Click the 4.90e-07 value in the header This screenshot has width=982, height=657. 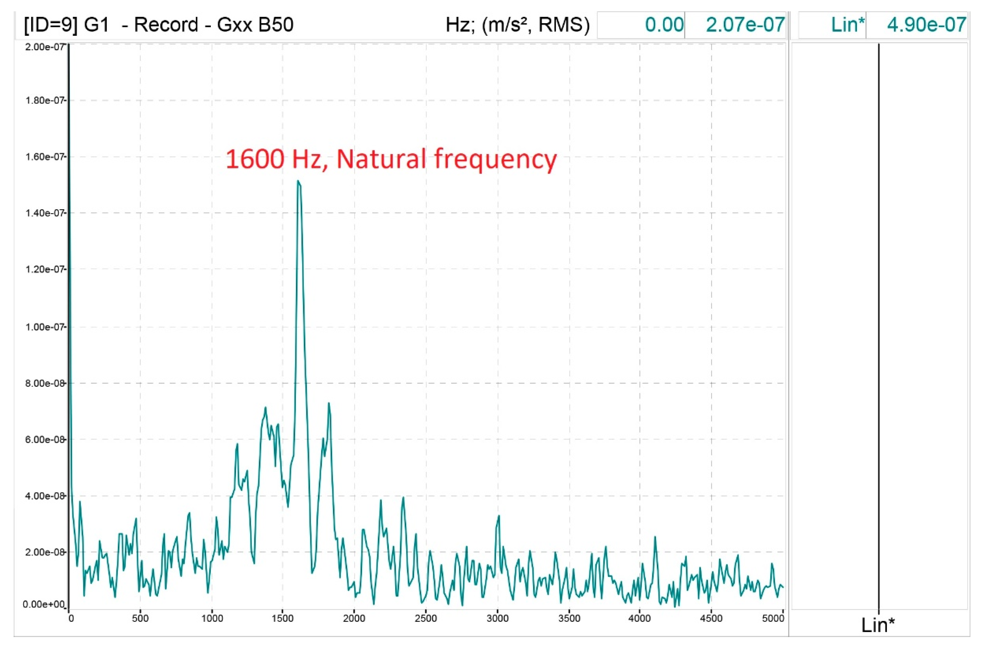click(926, 25)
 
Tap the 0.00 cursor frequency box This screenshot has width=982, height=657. click(664, 25)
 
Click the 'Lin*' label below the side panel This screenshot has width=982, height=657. click(878, 625)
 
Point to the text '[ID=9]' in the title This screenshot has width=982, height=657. click(51, 25)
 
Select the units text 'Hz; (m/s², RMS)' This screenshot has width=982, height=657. click(517, 25)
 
